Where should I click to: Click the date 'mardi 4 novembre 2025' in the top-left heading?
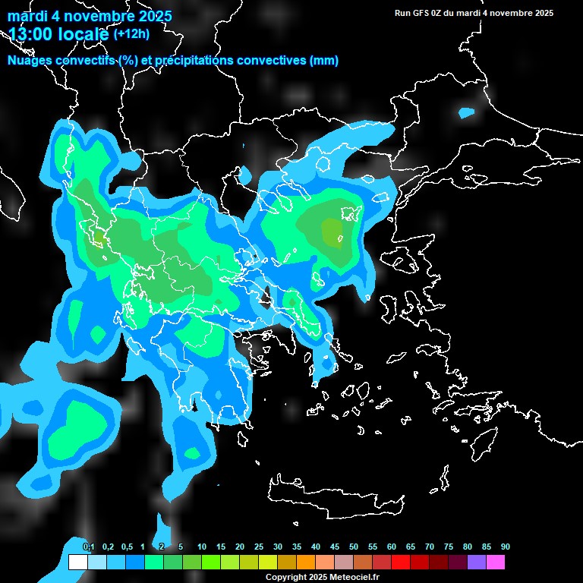pos(90,16)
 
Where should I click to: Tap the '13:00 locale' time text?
pos(58,34)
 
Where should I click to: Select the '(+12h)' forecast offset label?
pos(131,34)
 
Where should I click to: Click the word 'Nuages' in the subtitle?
pos(33,61)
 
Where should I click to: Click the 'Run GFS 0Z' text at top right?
pos(422,13)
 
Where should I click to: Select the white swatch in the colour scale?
pos(77,563)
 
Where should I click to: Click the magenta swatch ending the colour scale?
pos(496,563)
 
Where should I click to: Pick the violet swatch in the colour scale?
pos(477,563)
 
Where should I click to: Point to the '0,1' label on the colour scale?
pos(89,547)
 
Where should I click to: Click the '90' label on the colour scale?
pos(506,547)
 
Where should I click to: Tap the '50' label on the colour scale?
pos(354,547)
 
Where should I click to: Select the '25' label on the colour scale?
pos(259,547)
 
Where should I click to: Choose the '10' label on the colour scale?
pos(202,547)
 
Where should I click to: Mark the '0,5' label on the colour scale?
pos(127,547)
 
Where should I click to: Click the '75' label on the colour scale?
pos(449,547)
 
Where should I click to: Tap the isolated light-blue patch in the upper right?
pos(466,113)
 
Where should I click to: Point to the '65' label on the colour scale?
pos(411,547)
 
